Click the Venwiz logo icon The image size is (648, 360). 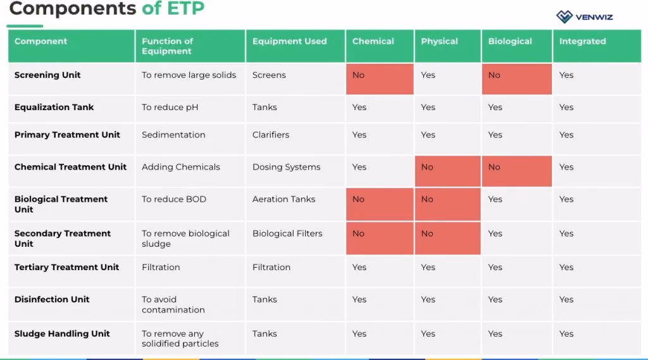point(564,17)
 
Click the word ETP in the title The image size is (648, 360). point(185,8)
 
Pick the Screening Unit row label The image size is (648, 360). point(47,75)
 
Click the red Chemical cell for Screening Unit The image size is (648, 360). point(380,79)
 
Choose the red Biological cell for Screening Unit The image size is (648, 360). point(516,79)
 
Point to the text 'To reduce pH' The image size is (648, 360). point(170,108)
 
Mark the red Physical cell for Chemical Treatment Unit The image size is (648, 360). point(447,171)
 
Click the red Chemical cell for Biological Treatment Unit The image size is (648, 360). point(380,204)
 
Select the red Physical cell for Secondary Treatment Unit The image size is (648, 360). point(447,238)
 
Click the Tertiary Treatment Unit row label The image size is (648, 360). point(66,268)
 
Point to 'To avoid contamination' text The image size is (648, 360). point(173,304)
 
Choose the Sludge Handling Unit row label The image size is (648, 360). point(62,333)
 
